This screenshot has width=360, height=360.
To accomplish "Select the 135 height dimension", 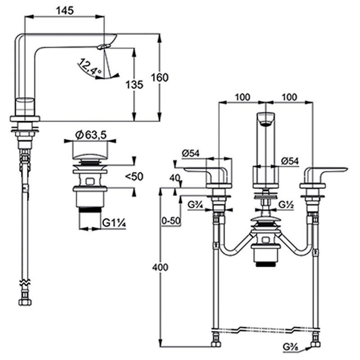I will [x=135, y=84].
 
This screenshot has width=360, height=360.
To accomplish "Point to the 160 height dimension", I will [x=160, y=77].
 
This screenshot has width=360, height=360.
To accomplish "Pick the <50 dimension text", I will [x=134, y=176].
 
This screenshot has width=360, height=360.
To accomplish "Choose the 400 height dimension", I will [x=160, y=268].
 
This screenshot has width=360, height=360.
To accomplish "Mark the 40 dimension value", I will [x=175, y=177].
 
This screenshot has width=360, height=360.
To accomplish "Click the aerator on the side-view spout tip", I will [x=104, y=46].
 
